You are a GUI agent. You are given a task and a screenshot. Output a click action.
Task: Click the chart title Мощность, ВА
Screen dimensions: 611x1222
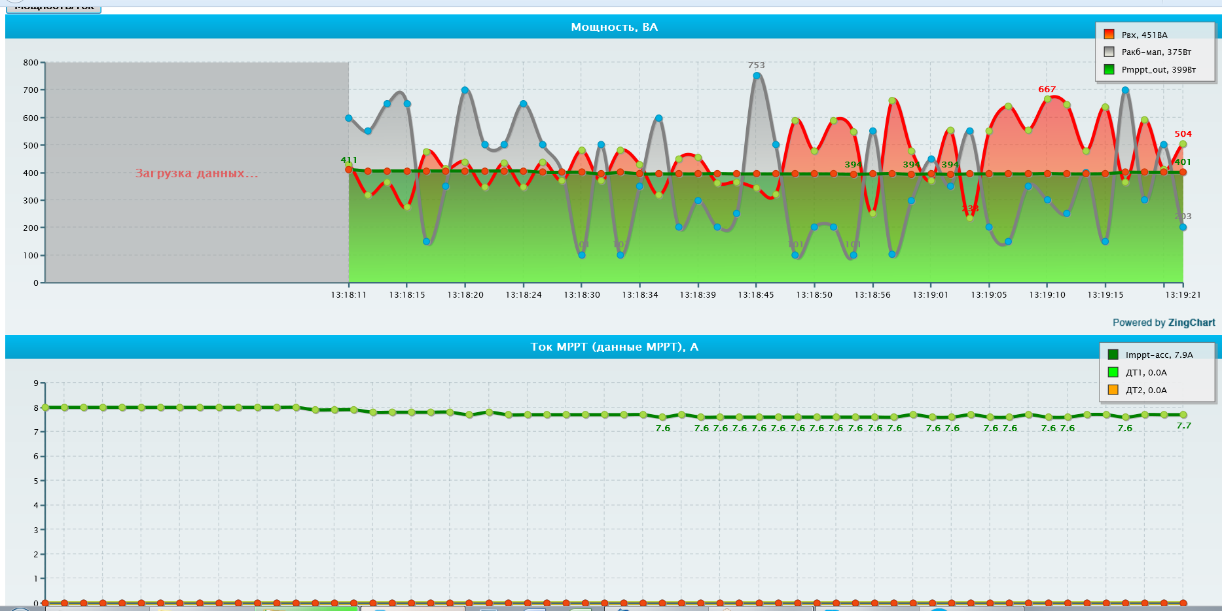[x=614, y=27]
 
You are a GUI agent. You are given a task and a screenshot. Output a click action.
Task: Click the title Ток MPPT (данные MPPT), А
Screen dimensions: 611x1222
[x=614, y=347]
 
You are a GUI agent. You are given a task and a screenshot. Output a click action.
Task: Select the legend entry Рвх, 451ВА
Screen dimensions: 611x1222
[x=1144, y=35]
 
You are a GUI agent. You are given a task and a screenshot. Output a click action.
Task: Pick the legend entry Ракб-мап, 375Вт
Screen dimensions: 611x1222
[x=1156, y=52]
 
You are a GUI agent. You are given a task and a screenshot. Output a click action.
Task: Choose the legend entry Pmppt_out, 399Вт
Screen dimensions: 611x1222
[x=1158, y=70]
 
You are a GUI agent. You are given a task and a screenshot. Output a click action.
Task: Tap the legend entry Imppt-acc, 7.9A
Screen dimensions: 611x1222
[x=1159, y=355]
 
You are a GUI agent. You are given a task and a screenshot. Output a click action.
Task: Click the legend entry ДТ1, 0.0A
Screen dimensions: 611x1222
[x=1145, y=372]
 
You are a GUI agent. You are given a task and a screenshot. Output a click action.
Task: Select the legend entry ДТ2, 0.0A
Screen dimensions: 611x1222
[x=1145, y=390]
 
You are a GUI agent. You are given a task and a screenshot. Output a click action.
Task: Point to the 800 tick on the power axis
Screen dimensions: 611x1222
[x=31, y=63]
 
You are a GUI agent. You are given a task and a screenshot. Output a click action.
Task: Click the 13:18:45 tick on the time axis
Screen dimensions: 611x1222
[x=756, y=295]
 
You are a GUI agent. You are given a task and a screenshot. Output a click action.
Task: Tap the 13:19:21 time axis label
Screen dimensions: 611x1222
[x=1183, y=295]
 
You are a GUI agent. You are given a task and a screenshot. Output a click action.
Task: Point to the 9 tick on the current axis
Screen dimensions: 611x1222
[x=36, y=383]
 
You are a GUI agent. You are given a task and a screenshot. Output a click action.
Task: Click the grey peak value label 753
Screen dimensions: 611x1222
[x=756, y=65]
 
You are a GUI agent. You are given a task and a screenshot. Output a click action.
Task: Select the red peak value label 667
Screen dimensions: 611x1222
[x=1047, y=90]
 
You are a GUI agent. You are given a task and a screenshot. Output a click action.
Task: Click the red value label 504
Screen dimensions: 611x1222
[x=1183, y=134]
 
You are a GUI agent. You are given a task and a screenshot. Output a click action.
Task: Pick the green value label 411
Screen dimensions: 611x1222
[x=349, y=160]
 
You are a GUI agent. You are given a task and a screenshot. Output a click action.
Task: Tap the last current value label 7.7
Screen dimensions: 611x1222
[x=1183, y=426]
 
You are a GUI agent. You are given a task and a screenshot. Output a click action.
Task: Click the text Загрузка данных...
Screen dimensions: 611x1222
[x=196, y=173]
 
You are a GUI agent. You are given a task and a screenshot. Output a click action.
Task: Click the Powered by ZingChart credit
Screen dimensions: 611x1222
[x=1164, y=323]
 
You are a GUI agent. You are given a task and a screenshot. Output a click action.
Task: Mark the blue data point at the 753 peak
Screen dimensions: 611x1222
[x=757, y=76]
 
